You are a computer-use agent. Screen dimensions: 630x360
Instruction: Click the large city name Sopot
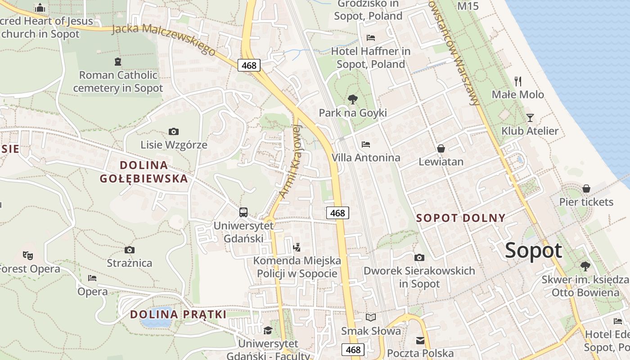pyautogui.click(x=534, y=251)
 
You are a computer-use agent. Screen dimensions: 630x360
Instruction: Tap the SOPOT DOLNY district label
pyautogui.click(x=461, y=218)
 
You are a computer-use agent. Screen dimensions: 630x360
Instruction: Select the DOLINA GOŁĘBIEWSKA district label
pyautogui.click(x=144, y=171)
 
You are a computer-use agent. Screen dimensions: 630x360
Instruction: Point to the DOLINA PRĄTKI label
pyautogui.click(x=178, y=315)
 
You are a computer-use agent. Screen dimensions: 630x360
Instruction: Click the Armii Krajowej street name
pyautogui.click(x=290, y=161)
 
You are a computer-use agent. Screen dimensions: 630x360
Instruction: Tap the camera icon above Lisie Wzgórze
pyautogui.click(x=174, y=131)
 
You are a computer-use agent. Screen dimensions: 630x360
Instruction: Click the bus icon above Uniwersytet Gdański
pyautogui.click(x=243, y=212)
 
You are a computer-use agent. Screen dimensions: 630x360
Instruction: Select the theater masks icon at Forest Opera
pyautogui.click(x=28, y=256)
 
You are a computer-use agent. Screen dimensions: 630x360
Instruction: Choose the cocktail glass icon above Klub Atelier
pyautogui.click(x=530, y=118)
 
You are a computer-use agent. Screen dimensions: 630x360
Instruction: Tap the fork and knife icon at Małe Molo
pyautogui.click(x=518, y=81)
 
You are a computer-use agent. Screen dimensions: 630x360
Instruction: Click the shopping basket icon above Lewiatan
pyautogui.click(x=441, y=148)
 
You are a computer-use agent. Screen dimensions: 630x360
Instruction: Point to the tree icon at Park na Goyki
pyautogui.click(x=353, y=99)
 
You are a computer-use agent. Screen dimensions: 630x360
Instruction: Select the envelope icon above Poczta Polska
pyautogui.click(x=420, y=341)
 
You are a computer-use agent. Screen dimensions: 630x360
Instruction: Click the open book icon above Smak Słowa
pyautogui.click(x=370, y=318)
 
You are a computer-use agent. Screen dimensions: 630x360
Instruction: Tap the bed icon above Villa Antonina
pyautogui.click(x=366, y=144)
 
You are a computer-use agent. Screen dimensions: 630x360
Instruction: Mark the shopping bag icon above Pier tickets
pyautogui.click(x=586, y=189)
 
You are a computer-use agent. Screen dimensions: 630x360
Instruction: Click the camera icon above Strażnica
pyautogui.click(x=130, y=250)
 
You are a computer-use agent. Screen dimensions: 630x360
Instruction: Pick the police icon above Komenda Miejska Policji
pyautogui.click(x=297, y=247)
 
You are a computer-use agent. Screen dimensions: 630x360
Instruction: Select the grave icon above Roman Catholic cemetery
pyautogui.click(x=118, y=62)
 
